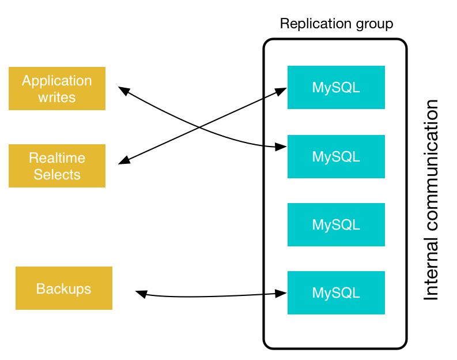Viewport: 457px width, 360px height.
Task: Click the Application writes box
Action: [57, 88]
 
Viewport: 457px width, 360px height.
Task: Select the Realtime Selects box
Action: [57, 166]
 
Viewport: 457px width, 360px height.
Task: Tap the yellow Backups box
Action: [63, 288]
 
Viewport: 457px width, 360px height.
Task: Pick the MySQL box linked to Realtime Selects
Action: [336, 87]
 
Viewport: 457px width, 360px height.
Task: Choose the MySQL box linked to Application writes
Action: [336, 156]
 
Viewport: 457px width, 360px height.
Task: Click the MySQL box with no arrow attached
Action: [336, 224]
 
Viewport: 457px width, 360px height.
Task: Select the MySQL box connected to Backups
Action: [336, 292]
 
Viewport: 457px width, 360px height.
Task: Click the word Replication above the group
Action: [315, 24]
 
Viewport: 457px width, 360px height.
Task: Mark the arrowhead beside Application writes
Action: [123, 89]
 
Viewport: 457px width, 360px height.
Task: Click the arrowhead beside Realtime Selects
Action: [123, 162]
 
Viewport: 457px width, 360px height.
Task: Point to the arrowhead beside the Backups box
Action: [139, 294]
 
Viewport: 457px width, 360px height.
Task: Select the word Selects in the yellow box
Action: [57, 174]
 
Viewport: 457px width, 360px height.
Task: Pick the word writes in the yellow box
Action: [57, 97]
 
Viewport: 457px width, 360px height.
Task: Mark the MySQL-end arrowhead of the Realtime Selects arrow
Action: [282, 90]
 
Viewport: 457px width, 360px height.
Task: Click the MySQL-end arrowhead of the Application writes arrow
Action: [282, 148]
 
